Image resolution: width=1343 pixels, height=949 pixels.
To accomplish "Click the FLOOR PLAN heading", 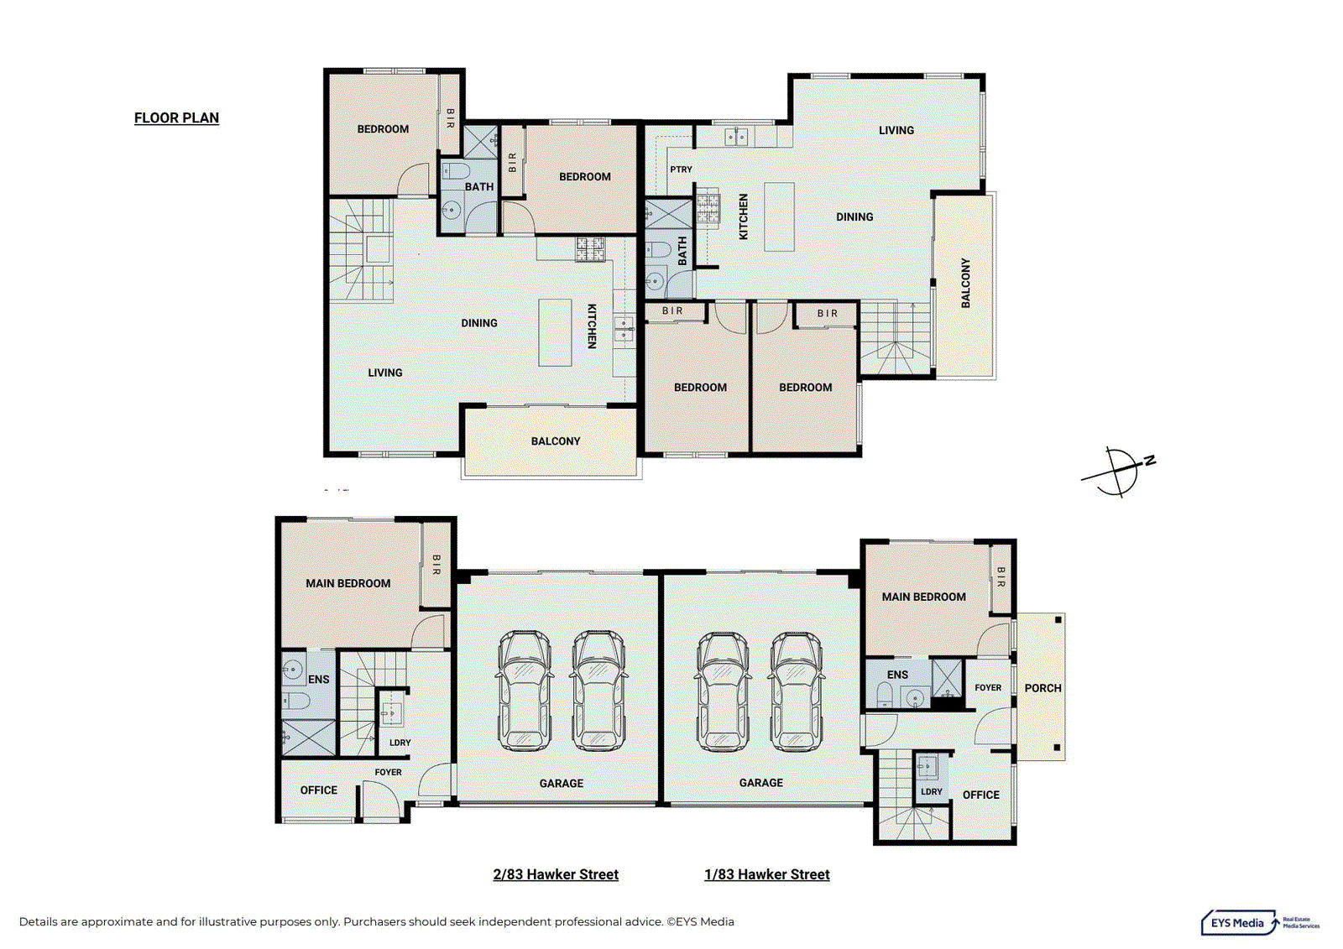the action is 176,118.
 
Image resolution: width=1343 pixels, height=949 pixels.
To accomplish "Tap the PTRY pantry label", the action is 681,169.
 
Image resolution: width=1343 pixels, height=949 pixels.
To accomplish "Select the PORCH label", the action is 1043,688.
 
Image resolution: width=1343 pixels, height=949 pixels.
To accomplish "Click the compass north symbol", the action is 1118,472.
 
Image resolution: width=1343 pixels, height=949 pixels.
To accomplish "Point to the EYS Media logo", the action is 1260,923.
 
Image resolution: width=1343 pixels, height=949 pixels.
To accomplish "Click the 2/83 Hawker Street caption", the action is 556,874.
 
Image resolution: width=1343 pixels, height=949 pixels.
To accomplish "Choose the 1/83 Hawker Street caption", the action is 767,874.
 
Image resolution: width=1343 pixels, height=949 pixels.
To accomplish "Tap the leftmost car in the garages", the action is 525,690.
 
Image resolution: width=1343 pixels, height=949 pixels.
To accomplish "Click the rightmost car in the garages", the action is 797,691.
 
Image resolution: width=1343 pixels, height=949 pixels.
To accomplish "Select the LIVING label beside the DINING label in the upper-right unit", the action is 896,131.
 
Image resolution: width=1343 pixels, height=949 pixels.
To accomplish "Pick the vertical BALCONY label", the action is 965,283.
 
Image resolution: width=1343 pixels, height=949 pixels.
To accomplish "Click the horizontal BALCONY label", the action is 556,441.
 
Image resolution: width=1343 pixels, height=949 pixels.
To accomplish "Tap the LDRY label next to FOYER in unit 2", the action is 400,743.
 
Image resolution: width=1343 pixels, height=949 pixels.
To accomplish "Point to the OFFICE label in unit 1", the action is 981,795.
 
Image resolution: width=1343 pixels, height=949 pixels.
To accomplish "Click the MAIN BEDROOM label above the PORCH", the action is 923,597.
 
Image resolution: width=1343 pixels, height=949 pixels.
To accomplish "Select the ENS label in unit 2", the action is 318,680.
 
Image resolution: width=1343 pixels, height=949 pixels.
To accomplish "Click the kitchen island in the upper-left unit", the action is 555,333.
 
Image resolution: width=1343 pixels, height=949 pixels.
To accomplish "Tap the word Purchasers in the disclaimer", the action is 375,921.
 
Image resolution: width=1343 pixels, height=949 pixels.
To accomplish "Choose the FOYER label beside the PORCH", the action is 988,687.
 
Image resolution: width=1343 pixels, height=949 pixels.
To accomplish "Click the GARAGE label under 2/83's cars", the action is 562,784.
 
